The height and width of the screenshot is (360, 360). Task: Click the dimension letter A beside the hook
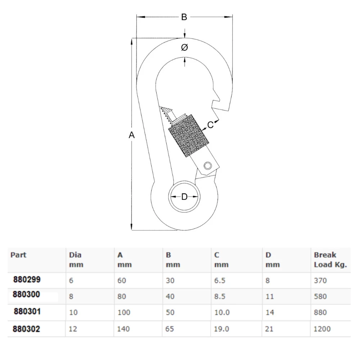132,135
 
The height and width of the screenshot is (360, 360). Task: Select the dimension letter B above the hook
184,17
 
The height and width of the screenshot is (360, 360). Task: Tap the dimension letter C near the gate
211,125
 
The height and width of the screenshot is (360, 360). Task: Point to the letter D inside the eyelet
184,197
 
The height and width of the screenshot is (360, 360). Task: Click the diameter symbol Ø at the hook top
184,48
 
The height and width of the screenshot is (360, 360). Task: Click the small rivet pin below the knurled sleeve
207,165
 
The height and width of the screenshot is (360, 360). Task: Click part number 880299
27,279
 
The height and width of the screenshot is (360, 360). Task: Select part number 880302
27,329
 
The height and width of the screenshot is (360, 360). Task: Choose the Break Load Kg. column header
330,260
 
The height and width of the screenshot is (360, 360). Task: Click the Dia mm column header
76,260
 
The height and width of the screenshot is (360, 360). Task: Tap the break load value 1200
322,329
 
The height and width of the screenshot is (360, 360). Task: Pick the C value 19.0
222,329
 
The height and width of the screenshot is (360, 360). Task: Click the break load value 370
320,280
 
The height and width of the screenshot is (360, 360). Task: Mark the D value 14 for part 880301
270,312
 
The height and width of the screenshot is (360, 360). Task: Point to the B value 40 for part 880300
170,297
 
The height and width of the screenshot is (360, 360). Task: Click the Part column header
18,255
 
